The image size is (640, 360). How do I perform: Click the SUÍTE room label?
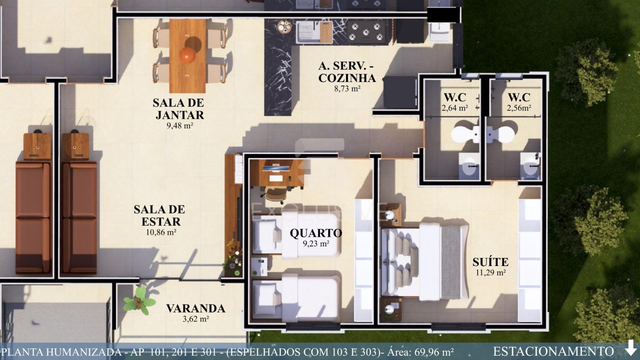pyautogui.click(x=490, y=262)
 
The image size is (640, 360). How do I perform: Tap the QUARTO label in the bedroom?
pyautogui.click(x=316, y=233)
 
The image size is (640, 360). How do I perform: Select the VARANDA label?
pyautogui.click(x=196, y=308)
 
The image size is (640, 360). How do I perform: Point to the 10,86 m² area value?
pyautogui.click(x=161, y=232)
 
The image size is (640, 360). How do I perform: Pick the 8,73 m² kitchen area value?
pyautogui.click(x=347, y=88)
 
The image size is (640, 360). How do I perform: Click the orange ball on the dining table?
pyautogui.click(x=188, y=55)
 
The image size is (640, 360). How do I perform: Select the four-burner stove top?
pyautogui.click(x=366, y=32)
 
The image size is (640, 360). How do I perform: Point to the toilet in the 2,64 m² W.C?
pyautogui.click(x=464, y=134)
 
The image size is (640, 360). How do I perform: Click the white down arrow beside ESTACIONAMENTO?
pyautogui.click(x=631, y=348)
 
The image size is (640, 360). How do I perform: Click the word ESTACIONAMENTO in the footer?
pyautogui.click(x=553, y=352)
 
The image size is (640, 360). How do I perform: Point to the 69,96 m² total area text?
pyautogui.click(x=432, y=352)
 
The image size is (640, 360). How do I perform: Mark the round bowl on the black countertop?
pyautogui.click(x=285, y=27)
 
